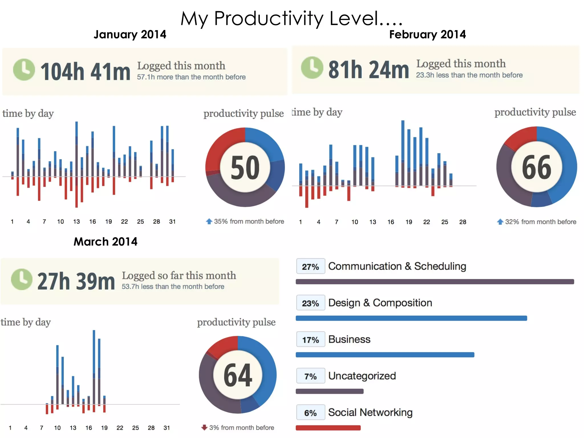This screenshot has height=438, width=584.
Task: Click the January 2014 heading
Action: pos(130,35)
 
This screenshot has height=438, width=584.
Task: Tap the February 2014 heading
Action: pos(427,35)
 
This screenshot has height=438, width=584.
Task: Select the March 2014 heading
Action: pos(105,242)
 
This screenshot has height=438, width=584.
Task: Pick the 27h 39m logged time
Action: pos(76,281)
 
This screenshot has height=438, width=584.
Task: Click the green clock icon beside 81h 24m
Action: pos(312,68)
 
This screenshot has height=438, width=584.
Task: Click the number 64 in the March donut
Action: pos(238,375)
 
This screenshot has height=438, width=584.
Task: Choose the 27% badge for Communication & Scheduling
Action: pos(310,267)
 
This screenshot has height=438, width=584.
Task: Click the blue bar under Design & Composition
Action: pos(411,318)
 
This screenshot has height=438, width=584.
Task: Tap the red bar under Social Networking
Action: pos(328,428)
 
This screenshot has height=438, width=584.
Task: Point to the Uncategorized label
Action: pos(362,376)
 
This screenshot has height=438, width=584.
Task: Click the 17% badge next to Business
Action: pos(310,340)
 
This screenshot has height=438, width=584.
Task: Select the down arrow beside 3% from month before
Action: pos(204,427)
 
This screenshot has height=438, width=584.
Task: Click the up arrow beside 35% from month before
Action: pos(209,221)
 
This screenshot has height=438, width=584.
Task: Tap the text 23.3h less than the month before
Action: pos(469,75)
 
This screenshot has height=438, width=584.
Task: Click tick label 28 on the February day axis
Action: pos(463,222)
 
